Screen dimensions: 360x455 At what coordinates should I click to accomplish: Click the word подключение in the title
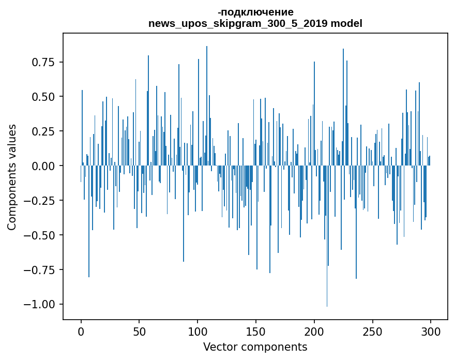257,12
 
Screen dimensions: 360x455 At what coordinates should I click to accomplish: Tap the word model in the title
347,23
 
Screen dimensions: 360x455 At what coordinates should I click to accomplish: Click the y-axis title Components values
11,177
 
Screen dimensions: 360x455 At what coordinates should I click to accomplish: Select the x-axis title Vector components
255,347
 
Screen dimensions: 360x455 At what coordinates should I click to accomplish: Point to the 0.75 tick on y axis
44,62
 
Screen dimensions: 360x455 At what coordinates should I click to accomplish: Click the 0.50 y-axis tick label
44,97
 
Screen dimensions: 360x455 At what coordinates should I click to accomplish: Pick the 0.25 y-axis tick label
44,131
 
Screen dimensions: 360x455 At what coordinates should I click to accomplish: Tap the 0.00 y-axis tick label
44,166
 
